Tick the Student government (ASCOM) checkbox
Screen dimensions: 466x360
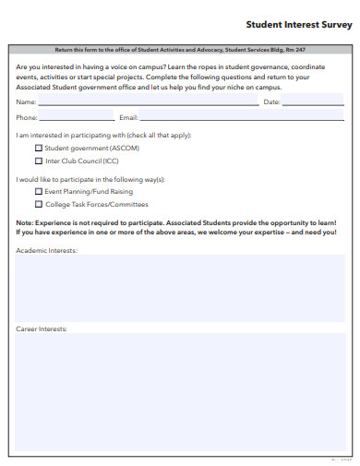point(39,148)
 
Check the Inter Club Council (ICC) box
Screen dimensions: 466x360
point(39,160)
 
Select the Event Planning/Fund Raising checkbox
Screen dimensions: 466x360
point(39,192)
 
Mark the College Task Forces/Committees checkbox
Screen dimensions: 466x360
point(39,204)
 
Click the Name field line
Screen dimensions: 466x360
point(148,104)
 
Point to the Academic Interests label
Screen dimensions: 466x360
point(46,250)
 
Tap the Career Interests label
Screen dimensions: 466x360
point(42,329)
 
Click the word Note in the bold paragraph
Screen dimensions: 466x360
point(25,223)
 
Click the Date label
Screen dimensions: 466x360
point(271,102)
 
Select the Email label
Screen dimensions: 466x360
point(128,118)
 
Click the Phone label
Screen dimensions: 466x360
point(27,118)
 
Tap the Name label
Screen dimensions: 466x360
point(26,102)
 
